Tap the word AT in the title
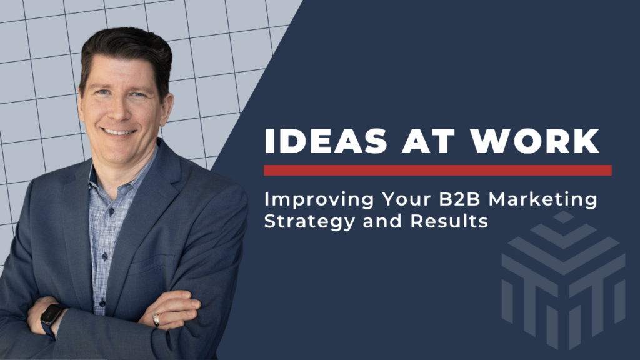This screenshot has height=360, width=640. click(429, 141)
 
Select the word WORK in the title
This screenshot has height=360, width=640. click(535, 141)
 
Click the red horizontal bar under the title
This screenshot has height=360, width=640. click(437, 170)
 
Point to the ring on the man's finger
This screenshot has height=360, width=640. click(156, 320)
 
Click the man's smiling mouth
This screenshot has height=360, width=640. click(118, 132)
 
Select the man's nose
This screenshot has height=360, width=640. click(118, 111)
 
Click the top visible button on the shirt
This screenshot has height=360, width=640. click(111, 212)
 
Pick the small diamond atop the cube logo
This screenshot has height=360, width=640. click(563, 217)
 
